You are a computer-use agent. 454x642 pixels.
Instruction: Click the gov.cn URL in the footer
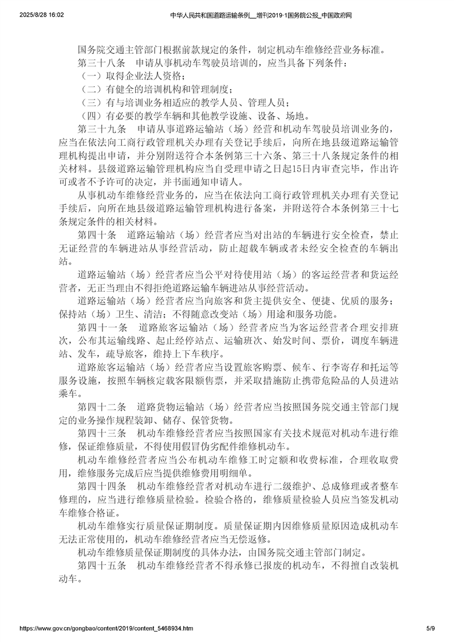(x=106, y=628)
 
